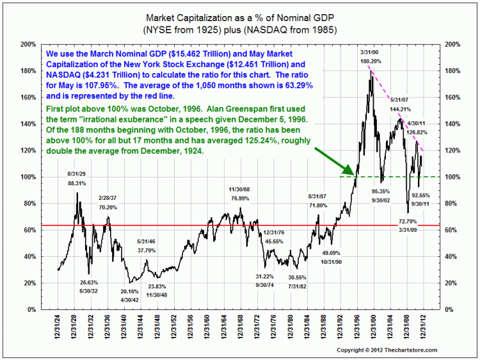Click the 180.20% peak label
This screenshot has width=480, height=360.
coord(371,61)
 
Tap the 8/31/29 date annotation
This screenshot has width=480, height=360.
coord(77,174)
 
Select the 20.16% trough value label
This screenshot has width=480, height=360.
coord(129,291)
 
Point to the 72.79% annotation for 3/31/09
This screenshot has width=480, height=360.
coord(408,221)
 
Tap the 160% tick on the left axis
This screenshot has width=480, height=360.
coord(28,97)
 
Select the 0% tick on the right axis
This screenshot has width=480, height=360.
coord(449,310)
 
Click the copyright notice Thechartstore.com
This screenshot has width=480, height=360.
coord(387,350)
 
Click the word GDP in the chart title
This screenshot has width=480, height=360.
coord(324,18)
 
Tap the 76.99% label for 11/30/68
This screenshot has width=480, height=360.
coord(240,199)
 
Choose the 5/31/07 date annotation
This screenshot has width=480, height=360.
coord(399,100)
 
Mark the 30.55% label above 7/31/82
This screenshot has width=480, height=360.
coord(297,277)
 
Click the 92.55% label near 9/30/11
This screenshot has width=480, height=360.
coord(420,195)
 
